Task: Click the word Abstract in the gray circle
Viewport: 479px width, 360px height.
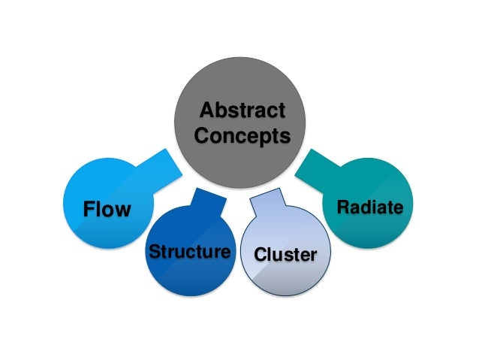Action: pos(243,110)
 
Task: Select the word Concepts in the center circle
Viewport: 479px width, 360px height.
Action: pos(243,136)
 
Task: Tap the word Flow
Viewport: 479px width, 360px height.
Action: pos(107,209)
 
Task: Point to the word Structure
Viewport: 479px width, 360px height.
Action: pos(190,252)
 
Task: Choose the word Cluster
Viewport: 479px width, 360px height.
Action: pos(285,255)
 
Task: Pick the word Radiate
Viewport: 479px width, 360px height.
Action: pos(370,207)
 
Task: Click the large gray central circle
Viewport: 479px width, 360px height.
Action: pos(239,123)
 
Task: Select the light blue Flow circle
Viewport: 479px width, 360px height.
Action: pos(108,203)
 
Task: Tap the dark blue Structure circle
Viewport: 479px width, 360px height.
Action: pos(191,251)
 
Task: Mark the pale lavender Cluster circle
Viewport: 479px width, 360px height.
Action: pos(285,251)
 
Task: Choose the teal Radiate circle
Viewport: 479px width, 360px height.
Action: pos(368,203)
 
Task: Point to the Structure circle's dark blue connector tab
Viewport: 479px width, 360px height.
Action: pos(209,201)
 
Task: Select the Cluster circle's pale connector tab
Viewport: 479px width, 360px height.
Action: pos(267,201)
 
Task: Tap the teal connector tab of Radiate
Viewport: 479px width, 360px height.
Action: pos(317,171)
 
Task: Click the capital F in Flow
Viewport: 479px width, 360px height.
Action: pos(89,209)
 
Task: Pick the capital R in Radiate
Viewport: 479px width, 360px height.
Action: pos(343,207)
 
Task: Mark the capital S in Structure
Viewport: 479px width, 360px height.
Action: pos(155,252)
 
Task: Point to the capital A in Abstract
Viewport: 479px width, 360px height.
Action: pos(206,110)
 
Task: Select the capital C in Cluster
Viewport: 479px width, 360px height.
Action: pos(261,255)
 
